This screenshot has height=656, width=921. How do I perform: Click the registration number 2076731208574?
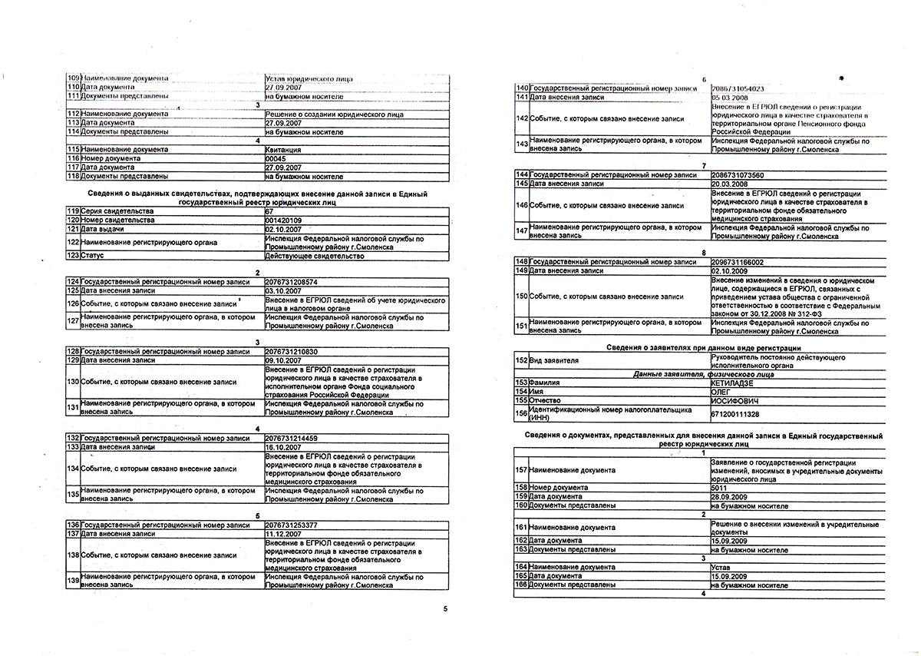(x=292, y=282)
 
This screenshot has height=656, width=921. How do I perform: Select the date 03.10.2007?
(x=281, y=291)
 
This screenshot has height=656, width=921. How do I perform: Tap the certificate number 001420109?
(x=284, y=220)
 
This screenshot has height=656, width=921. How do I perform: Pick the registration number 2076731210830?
(x=292, y=351)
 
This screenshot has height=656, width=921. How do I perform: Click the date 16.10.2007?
(x=281, y=446)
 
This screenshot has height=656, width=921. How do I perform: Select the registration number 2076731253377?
(x=292, y=524)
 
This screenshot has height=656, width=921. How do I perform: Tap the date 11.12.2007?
(x=281, y=533)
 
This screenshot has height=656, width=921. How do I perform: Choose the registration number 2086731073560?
(x=738, y=175)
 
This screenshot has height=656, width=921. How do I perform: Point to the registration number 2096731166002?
(x=738, y=261)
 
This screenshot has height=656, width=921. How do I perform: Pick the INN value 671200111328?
(x=734, y=413)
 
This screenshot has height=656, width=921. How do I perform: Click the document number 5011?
(x=718, y=488)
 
